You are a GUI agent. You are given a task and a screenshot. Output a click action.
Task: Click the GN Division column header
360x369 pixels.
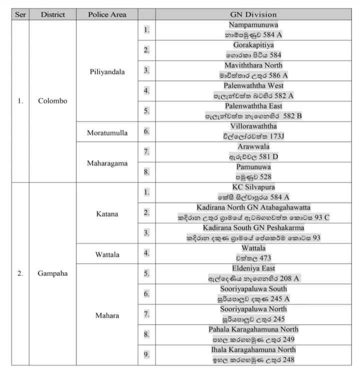coord(253,14)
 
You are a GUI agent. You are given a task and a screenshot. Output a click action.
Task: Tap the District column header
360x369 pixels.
coord(52,14)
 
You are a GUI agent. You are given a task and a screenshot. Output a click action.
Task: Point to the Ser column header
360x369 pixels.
coord(20,14)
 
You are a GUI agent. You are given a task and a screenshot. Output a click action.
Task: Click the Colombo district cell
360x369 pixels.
coord(52,100)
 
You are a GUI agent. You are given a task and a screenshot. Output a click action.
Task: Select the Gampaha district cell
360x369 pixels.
coord(52,273)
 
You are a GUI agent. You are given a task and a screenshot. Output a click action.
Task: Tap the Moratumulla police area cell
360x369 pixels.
coord(107,133)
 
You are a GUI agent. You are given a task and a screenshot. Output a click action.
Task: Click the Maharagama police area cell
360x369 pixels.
coord(107,163)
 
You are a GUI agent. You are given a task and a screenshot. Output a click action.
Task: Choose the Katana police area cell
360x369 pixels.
coord(107,214)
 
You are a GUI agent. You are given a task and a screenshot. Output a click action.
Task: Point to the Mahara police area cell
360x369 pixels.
coord(107,315)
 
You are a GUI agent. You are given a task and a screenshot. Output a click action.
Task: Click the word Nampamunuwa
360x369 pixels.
coord(253,24)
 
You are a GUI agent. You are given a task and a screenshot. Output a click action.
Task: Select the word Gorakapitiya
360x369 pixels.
coord(253,45)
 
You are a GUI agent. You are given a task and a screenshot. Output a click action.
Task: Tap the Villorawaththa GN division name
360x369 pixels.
coord(253,126)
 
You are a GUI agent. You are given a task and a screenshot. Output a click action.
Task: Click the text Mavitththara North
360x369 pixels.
coord(253,65)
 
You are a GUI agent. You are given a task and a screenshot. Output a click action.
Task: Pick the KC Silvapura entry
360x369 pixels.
coord(253,187)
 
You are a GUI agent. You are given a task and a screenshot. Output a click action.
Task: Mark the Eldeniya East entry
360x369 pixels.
coord(253,268)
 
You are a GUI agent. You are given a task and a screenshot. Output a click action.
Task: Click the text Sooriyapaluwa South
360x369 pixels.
coord(253,289)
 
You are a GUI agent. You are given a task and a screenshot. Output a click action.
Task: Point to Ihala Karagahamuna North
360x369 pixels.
coord(253,349)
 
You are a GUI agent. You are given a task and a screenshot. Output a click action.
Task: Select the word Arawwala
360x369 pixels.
coord(253,146)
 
